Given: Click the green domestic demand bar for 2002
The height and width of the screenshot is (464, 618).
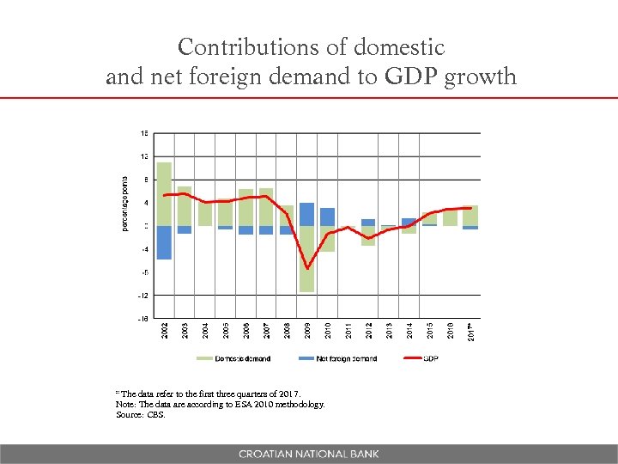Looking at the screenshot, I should tap(164, 193).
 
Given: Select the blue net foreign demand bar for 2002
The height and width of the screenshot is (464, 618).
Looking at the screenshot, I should tap(164, 242).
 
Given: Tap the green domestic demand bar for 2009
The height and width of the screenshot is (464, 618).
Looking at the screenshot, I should tap(306, 259).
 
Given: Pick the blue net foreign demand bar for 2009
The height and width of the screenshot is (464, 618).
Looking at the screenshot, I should tap(306, 214).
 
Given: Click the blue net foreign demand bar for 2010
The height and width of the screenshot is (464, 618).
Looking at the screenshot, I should tap(327, 217).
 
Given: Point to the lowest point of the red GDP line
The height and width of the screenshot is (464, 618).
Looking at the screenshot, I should tap(306, 269).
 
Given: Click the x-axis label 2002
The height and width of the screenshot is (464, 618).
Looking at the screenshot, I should tap(165, 330).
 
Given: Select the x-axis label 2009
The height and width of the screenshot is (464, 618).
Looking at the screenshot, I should tap(307, 330).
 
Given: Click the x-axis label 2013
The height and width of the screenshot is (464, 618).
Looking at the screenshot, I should tap(389, 330).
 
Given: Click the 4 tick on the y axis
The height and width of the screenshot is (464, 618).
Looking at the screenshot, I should tap(146, 203).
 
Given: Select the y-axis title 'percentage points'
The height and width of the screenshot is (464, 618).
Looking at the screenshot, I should tap(125, 203).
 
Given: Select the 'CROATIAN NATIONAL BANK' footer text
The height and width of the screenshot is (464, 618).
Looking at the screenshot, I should tap(308, 454).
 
